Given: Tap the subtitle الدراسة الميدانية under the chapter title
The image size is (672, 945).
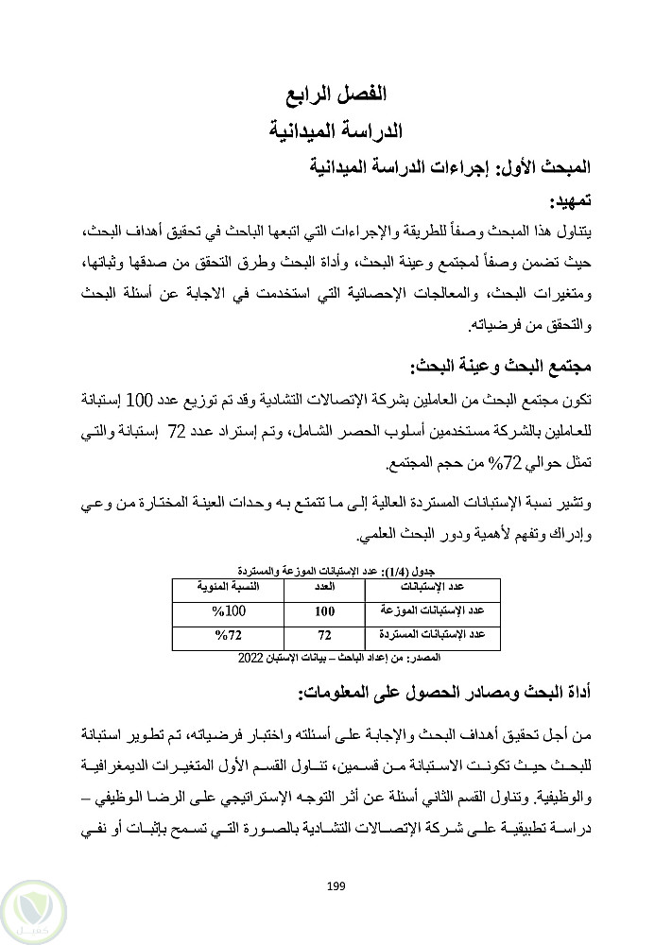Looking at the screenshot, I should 337,129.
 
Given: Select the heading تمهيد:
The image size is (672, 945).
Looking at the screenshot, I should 564,201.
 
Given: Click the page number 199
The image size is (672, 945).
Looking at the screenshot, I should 336,885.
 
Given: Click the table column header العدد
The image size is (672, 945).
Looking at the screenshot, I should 324,588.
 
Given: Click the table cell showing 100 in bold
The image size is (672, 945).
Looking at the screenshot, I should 324,610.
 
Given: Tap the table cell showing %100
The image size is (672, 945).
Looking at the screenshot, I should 224,610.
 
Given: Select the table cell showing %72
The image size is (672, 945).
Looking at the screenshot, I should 224,633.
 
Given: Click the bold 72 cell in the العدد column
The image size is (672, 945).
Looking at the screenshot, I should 324,634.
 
